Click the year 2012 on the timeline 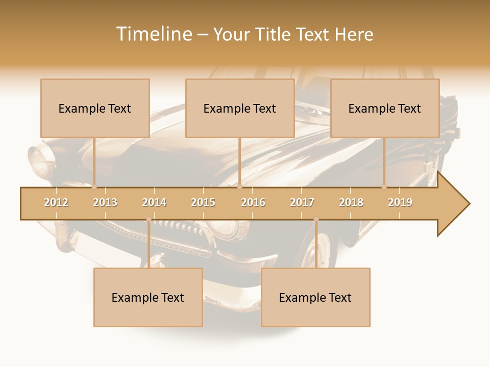[x=56, y=202]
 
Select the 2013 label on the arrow [x=105, y=202]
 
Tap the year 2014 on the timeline [x=154, y=202]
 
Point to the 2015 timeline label [x=203, y=202]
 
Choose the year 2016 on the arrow [x=253, y=202]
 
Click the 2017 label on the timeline [x=302, y=202]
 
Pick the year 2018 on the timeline [x=351, y=202]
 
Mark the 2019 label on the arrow [x=400, y=202]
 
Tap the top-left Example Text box [x=95, y=108]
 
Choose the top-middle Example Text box [x=240, y=108]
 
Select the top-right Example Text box [x=385, y=108]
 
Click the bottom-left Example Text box [x=148, y=297]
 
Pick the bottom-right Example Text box [x=315, y=297]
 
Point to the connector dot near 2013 [x=94, y=187]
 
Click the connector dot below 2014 [x=149, y=220]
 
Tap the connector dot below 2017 [x=316, y=220]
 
